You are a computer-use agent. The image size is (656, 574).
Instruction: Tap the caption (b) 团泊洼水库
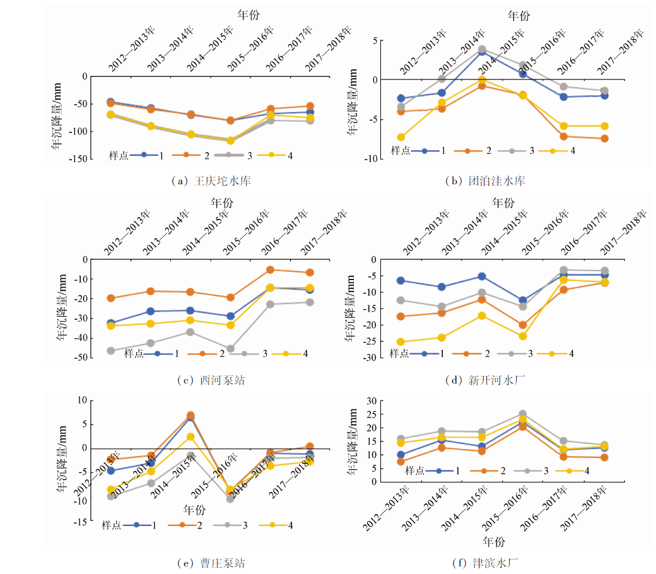pos(486,181)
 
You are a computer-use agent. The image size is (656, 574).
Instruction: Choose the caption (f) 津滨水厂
pos(486,563)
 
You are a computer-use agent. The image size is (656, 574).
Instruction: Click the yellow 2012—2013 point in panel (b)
pos(401,137)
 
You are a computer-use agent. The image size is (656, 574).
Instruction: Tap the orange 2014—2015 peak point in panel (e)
pos(191,416)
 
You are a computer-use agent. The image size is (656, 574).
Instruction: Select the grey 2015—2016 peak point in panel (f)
pos(523,414)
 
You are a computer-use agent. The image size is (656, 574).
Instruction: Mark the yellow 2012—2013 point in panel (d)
pos(401,342)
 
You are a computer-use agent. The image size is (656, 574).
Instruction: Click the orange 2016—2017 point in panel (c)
pos(270,269)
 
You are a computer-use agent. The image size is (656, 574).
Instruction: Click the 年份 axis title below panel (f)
pos(495,541)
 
